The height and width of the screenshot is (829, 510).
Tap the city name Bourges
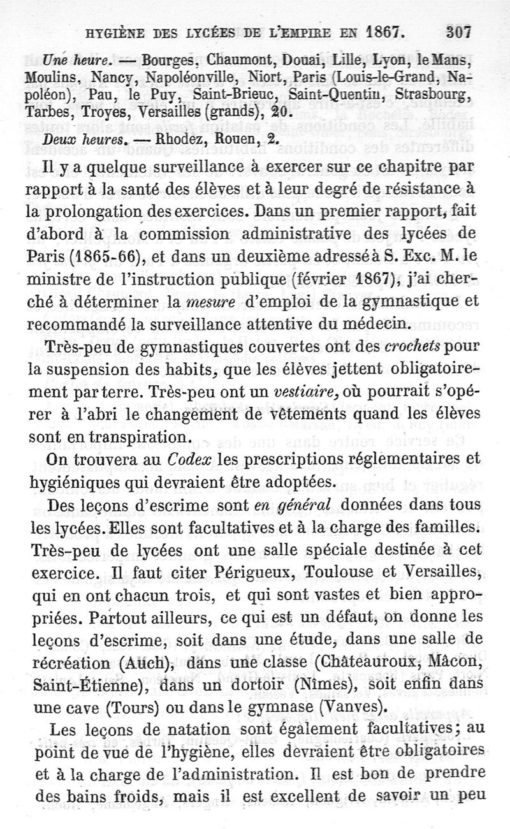pos(168,62)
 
